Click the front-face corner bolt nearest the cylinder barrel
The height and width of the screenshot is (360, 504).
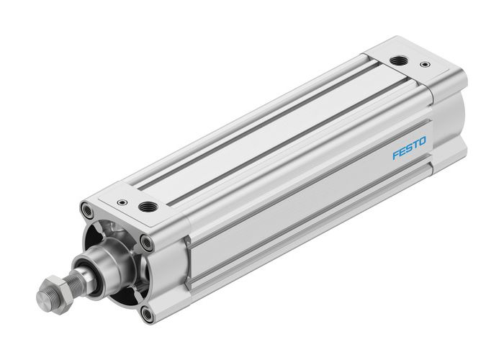(148, 243)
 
